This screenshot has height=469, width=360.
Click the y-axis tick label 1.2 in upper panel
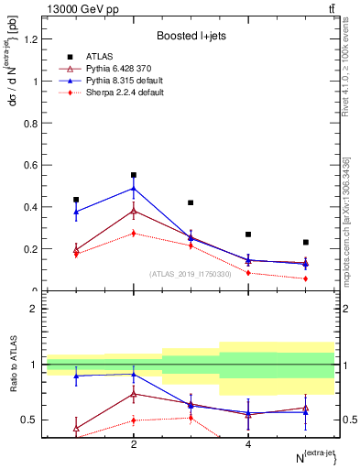tap(34, 38)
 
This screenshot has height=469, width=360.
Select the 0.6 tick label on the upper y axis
tap(34, 165)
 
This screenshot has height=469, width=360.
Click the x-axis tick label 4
tap(248, 444)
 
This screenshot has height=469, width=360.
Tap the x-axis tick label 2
tap(134, 444)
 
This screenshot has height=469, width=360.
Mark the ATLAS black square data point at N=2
tap(134, 175)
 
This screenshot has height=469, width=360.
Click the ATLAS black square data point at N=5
tap(306, 243)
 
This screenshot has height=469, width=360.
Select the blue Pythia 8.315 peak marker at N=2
tap(134, 189)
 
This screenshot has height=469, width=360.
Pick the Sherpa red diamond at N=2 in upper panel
tap(134, 233)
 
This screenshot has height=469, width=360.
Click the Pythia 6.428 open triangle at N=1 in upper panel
tap(76, 249)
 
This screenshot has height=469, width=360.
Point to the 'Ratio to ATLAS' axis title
tap(12, 366)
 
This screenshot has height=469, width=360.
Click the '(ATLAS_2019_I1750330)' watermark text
tap(191, 273)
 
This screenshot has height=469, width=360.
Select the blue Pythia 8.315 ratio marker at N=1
tap(76, 376)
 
